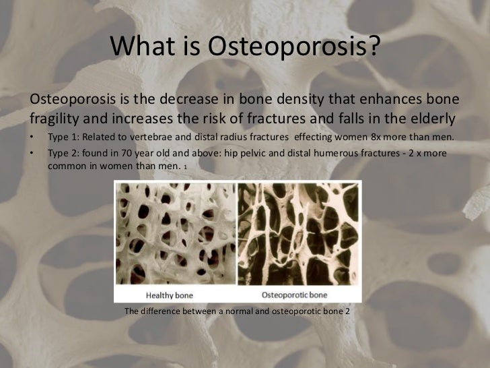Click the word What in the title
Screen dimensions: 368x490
pyautogui.click(x=140, y=47)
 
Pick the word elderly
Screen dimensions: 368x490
pyautogui.click(x=431, y=121)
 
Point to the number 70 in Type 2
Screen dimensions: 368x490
pyautogui.click(x=124, y=154)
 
